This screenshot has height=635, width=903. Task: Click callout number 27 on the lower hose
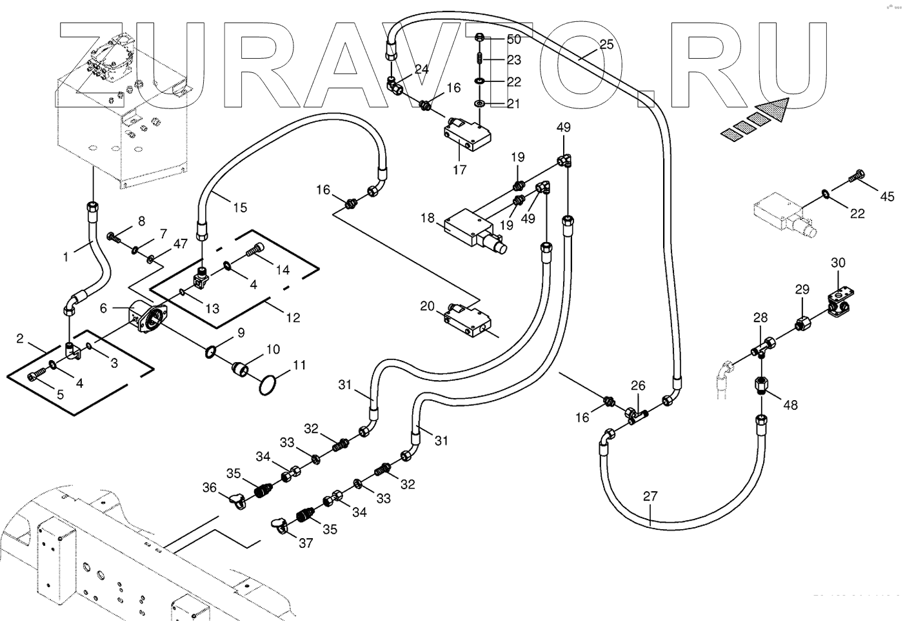click(650, 496)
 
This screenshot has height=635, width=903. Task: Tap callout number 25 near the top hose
click(606, 45)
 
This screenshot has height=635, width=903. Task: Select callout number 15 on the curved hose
click(240, 208)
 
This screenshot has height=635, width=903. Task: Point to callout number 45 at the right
click(888, 196)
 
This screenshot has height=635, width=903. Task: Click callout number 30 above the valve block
click(838, 263)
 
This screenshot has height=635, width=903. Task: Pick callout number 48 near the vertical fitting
click(789, 405)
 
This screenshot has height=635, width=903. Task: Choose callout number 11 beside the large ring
click(299, 365)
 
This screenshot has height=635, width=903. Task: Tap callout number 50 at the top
click(513, 39)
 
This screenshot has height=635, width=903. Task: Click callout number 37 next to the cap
click(306, 543)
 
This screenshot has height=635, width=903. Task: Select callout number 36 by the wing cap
click(210, 488)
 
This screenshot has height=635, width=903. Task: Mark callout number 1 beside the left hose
click(66, 257)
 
